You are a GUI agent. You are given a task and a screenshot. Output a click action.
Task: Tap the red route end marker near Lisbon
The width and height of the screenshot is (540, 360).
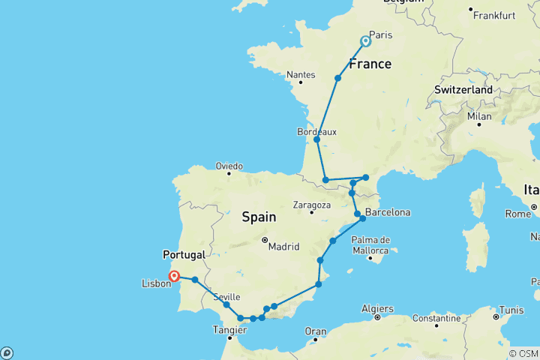[x=174, y=276]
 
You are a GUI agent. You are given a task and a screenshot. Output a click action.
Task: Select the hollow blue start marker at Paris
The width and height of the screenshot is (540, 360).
[x=366, y=42]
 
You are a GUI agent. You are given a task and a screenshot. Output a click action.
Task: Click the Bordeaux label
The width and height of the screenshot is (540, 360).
[x=317, y=131]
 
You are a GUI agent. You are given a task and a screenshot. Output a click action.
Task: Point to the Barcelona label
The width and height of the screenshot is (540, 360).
[x=388, y=212]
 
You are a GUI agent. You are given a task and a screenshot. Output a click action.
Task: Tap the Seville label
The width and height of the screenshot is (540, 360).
[x=227, y=297]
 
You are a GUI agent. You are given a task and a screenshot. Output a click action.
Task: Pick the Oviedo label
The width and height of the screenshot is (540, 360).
[x=229, y=166]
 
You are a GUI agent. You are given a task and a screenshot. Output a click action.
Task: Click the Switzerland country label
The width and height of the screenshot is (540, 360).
[x=463, y=90]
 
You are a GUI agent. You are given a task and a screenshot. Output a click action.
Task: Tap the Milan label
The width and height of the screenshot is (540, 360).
[x=479, y=116]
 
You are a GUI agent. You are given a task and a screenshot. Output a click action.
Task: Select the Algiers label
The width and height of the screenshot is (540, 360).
[x=376, y=308]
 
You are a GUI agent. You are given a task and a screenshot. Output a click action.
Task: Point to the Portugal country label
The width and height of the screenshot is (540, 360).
[x=184, y=254]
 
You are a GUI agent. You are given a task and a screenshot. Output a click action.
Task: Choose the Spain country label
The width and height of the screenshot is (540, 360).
[x=259, y=217]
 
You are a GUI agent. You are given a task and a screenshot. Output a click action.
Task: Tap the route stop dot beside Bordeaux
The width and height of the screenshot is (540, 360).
[x=317, y=139]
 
